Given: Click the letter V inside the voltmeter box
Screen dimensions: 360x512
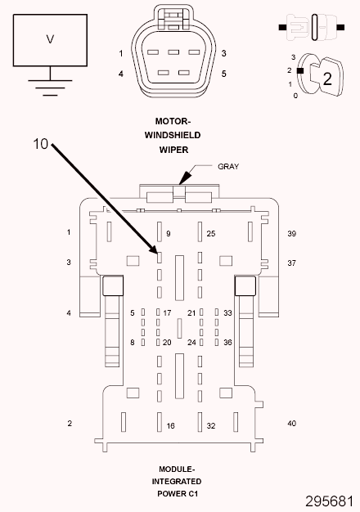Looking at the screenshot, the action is click(x=50, y=39).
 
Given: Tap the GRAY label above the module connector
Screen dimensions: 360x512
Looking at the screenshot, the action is click(x=228, y=167).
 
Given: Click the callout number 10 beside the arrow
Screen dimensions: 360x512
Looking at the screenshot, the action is click(x=41, y=144).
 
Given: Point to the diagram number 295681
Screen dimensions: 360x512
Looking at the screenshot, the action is click(x=329, y=501).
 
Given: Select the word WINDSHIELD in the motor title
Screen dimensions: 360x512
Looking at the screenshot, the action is click(x=173, y=135).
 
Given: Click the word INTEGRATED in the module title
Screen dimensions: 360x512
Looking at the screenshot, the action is click(x=177, y=481).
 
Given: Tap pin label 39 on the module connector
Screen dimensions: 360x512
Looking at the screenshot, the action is click(x=292, y=233).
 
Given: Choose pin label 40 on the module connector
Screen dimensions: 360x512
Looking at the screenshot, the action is click(x=292, y=423).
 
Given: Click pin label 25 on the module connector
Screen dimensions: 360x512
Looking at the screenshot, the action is click(x=211, y=233).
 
